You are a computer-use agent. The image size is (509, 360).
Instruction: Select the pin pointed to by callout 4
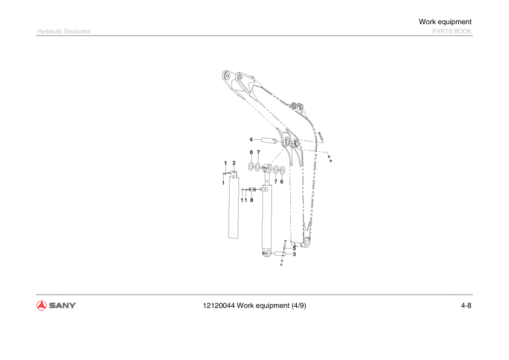(270, 141)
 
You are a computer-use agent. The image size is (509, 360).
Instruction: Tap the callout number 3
(294, 255)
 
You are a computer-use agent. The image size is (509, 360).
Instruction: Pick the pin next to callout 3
(280, 254)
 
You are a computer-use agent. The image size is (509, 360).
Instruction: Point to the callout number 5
(294, 248)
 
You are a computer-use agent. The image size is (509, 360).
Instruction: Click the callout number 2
(234, 163)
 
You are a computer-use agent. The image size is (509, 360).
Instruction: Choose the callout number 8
(251, 200)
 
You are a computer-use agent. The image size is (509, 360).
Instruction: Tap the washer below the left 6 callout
(251, 166)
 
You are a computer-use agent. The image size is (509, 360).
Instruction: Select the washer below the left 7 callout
(258, 166)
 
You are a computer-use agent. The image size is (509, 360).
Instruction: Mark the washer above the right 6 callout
(282, 169)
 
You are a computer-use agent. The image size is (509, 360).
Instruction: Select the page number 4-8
(465, 306)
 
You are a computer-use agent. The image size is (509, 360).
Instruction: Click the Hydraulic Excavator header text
(64, 31)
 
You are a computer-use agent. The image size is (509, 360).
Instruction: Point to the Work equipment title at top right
(445, 22)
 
